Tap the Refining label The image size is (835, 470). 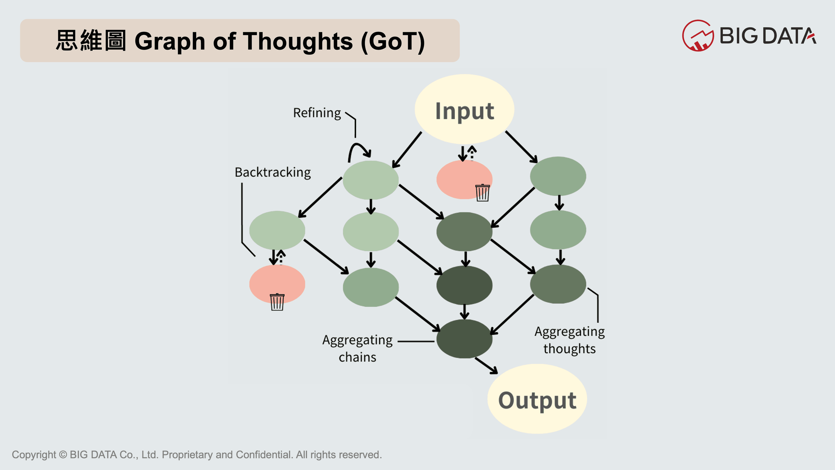pos(317,113)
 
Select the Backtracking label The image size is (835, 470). pos(273,172)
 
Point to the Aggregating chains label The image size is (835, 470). pos(357,348)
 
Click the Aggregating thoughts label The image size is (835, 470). pos(569,340)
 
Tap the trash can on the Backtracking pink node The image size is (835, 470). pos(277,302)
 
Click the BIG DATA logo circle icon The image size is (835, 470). pos(698,36)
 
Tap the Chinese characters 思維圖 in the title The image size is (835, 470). pos(91,41)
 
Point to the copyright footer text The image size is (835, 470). pos(197,455)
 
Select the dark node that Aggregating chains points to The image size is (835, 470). pos(464,339)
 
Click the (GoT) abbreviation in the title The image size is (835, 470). pos(392,42)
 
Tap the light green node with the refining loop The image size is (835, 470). pos(371,180)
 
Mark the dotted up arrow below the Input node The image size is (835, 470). pos(472,153)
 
